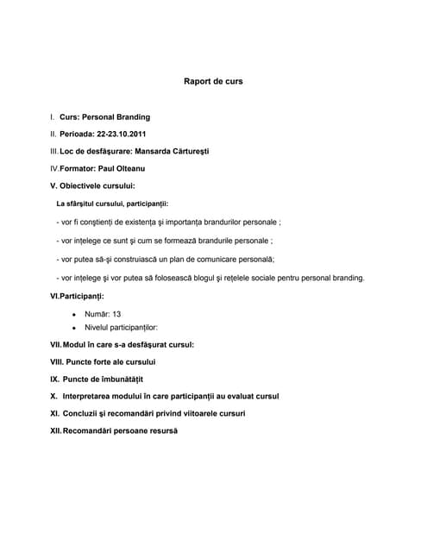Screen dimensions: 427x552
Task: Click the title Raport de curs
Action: coord(213,82)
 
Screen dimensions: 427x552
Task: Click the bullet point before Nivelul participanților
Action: coord(75,329)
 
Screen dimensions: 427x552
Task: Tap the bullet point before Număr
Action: coord(75,315)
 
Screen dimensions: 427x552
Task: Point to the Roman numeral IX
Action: coord(54,379)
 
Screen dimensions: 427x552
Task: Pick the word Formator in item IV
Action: coord(78,168)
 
